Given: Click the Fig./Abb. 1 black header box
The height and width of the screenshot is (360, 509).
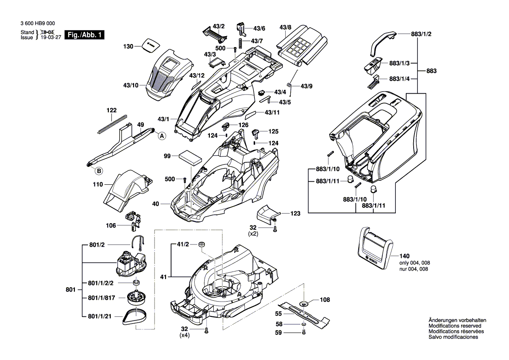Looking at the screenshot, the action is (x=85, y=35).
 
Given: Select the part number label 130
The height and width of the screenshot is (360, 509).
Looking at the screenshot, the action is (x=128, y=47).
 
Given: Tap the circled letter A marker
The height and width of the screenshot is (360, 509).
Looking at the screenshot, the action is (x=162, y=136).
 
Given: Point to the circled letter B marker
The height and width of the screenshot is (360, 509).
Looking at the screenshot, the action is (x=99, y=170).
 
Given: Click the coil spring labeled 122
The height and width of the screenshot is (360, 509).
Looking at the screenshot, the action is (x=112, y=124).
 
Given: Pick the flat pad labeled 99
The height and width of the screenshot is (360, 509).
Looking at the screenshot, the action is (x=191, y=158).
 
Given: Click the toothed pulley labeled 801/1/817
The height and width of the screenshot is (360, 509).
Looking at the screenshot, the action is (x=136, y=297).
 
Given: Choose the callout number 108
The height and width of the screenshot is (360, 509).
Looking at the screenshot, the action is (x=325, y=299).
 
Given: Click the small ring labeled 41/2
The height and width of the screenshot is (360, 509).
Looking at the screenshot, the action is (x=202, y=245).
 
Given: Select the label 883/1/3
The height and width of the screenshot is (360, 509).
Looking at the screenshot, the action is (x=399, y=63).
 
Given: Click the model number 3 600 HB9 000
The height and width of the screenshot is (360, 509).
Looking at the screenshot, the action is (x=37, y=24).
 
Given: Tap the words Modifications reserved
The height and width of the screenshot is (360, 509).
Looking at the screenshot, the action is (x=455, y=326).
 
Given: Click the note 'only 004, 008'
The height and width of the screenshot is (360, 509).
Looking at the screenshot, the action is (x=415, y=263).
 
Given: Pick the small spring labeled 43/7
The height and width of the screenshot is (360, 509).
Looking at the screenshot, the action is (x=240, y=43).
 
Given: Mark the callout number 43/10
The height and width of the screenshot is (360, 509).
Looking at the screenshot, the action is (x=131, y=85).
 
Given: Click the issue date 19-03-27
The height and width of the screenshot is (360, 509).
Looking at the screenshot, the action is (x=51, y=37).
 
